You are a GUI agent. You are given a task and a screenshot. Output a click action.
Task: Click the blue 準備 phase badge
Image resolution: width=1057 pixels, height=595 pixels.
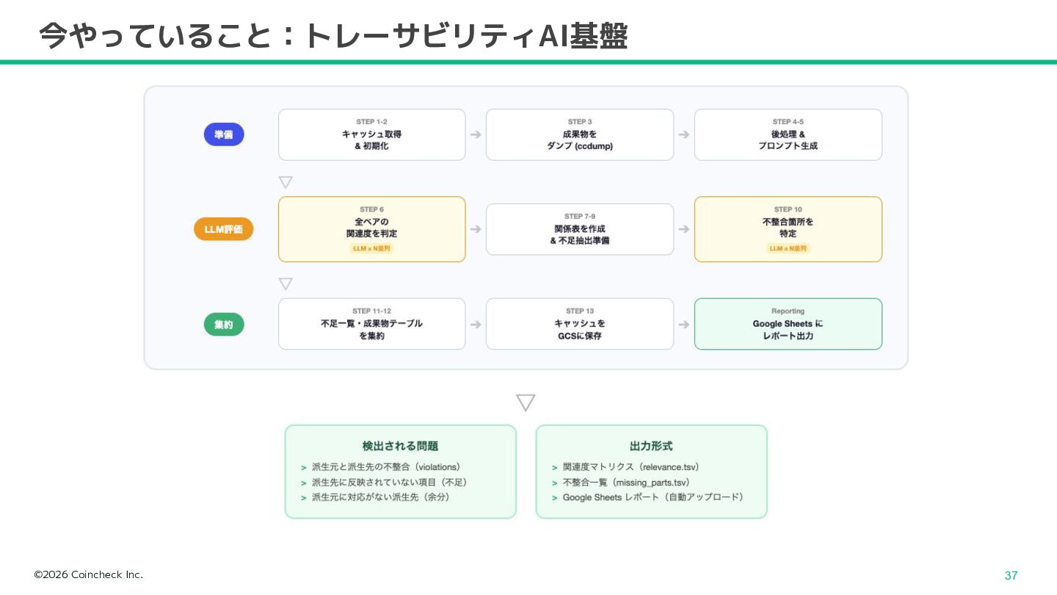[x=224, y=134]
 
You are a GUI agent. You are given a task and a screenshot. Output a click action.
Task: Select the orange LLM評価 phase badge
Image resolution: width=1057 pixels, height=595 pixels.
[x=224, y=229]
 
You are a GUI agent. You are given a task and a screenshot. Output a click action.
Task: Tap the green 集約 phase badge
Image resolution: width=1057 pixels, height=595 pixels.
[x=224, y=324]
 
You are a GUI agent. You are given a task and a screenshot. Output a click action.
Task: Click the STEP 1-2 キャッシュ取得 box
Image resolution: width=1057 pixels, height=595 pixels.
[x=371, y=134]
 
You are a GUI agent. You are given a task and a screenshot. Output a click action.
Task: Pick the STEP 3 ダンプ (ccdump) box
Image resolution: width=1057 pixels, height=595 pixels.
[x=580, y=134]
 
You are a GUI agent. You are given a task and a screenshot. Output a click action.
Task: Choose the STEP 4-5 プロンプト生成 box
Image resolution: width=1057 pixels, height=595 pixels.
[x=788, y=134]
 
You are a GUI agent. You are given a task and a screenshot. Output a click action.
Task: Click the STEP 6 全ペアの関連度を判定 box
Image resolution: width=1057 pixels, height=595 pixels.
[x=371, y=229]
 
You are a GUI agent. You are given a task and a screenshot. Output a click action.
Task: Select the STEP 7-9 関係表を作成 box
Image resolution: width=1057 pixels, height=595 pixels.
[x=580, y=229]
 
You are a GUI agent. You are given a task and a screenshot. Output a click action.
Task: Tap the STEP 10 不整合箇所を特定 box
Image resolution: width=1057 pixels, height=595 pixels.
[x=788, y=229]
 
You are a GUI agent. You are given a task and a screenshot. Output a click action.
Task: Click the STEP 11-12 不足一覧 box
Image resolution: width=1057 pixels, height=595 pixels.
[x=371, y=324]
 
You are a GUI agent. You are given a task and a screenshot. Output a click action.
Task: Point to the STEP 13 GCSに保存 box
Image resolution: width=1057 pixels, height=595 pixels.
[x=580, y=324]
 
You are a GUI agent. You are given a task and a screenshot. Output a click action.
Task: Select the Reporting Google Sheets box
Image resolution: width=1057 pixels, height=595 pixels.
[x=788, y=324]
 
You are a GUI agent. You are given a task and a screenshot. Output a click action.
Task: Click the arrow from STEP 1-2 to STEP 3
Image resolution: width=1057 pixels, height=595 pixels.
[x=476, y=134]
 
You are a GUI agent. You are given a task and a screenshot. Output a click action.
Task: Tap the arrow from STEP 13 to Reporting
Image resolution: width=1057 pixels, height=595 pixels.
[x=684, y=324]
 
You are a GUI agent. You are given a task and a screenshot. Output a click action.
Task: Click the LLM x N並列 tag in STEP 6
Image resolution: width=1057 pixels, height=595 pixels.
[x=371, y=248]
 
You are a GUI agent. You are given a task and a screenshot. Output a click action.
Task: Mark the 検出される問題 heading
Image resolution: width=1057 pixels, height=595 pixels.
[x=400, y=446]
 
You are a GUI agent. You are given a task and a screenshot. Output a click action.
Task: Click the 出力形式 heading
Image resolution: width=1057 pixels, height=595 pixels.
[x=651, y=446]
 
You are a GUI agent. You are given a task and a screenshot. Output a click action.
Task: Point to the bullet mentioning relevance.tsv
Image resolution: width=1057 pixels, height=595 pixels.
[x=631, y=467]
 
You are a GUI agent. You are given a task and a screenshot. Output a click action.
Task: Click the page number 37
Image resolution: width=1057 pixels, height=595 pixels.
[x=1011, y=576]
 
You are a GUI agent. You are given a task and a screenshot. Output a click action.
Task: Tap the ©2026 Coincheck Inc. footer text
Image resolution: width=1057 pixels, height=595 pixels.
[x=89, y=574]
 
